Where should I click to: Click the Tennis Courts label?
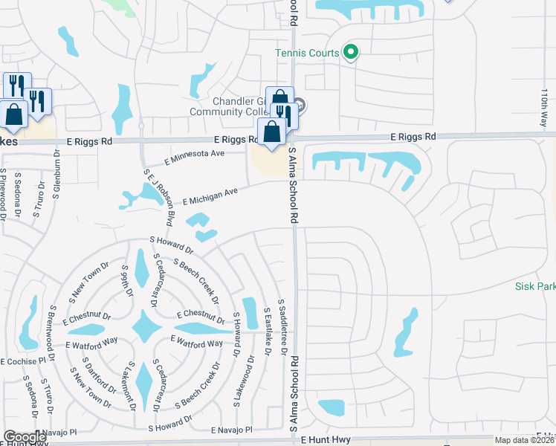click(307, 53)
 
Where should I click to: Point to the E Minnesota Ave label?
click(194, 157)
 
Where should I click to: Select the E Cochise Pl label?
click(23, 361)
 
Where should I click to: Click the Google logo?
click(25, 438)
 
